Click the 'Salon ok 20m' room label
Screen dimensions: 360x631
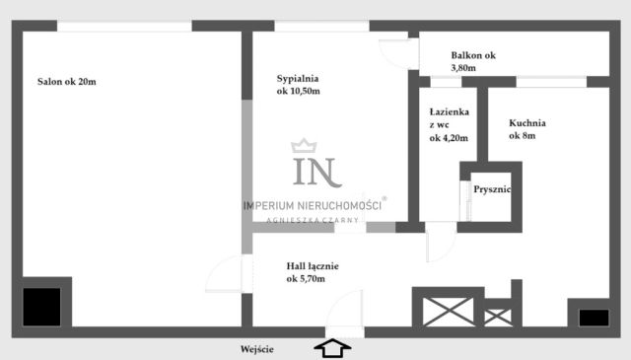pyautogui.click(x=67, y=81)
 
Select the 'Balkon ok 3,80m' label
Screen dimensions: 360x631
pyautogui.click(x=473, y=62)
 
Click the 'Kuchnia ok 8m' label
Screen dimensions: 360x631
pyautogui.click(x=527, y=129)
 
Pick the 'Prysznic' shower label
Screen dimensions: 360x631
pyautogui.click(x=491, y=189)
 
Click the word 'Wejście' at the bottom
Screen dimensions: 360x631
pyautogui.click(x=256, y=348)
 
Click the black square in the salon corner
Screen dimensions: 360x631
pyautogui.click(x=42, y=307)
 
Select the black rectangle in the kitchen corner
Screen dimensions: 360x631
pyautogui.click(x=594, y=317)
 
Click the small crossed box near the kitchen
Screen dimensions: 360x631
pyautogui.click(x=498, y=317)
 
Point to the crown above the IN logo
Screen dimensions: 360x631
pyautogui.click(x=315, y=147)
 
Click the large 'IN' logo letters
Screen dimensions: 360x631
pyautogui.click(x=315, y=171)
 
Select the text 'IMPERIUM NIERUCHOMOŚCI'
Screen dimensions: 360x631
pyautogui.click(x=313, y=204)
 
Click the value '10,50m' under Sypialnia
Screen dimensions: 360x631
pyautogui.click(x=299, y=92)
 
